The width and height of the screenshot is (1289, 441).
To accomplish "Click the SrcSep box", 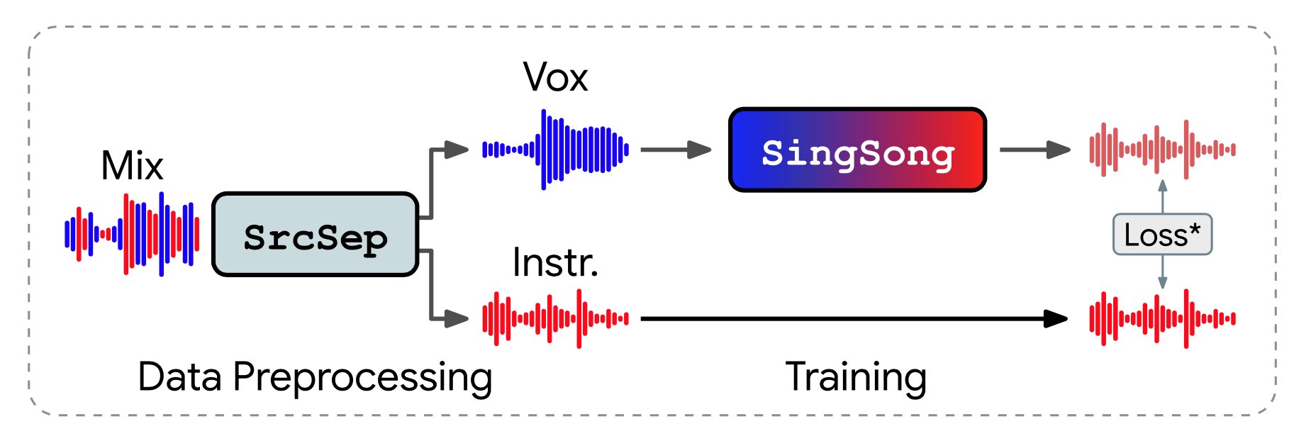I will [316, 235].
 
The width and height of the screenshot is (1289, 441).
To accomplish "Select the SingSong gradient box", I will [858, 150].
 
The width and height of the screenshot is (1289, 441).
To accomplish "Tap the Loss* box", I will [1162, 235].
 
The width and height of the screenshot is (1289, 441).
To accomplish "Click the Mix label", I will [132, 166].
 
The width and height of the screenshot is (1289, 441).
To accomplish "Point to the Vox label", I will [555, 77].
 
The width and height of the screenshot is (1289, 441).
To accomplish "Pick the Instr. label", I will [555, 262].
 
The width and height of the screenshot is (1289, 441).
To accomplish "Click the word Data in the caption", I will [179, 376].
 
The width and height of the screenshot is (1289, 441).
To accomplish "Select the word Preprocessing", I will [362, 378].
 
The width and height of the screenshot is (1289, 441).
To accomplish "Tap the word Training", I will [856, 378].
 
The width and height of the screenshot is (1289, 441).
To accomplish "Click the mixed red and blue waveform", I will [132, 234].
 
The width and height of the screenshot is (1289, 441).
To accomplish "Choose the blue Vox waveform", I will [555, 150].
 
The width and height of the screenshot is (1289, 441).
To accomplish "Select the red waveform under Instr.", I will [555, 318].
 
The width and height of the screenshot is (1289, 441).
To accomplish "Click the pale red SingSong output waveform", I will [1162, 150].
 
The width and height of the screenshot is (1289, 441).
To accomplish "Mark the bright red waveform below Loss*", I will [1162, 318].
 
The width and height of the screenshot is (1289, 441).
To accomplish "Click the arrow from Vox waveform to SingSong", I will [675, 150].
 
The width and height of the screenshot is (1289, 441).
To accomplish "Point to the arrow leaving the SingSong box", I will [1034, 150].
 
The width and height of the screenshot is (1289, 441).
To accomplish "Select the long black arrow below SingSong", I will [851, 318].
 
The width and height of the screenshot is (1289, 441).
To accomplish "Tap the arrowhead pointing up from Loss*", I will [1162, 186].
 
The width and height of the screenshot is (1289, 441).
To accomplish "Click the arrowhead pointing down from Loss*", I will [1162, 282].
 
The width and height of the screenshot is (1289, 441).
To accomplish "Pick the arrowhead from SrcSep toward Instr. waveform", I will [457, 318].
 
